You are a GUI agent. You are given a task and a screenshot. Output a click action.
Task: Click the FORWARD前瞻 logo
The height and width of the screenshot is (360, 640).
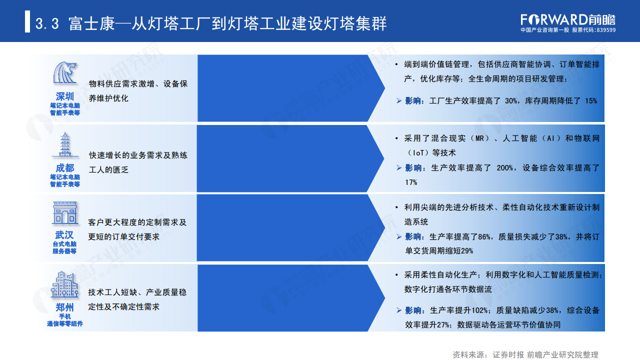(568, 19)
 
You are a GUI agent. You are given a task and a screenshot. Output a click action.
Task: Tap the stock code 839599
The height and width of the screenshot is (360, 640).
(605, 30)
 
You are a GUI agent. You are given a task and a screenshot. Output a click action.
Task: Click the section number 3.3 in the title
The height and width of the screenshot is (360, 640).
(48, 23)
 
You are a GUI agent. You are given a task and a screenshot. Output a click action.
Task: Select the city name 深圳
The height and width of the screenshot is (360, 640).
(65, 96)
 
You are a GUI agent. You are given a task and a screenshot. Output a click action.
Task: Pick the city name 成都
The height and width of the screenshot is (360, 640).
(65, 167)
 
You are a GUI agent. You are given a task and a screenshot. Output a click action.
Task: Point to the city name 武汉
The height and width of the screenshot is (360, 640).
(65, 235)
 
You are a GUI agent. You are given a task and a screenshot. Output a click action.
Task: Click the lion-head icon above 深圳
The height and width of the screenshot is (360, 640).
(65, 73)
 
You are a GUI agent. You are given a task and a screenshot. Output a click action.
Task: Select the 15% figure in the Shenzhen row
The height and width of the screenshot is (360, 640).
(590, 101)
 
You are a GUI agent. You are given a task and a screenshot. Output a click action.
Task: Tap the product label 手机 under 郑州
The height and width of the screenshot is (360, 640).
(65, 316)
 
